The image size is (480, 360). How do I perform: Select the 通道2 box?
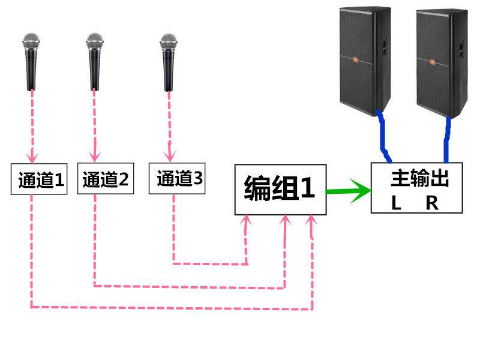pos(105,179)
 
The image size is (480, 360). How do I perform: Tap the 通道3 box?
pos(178,178)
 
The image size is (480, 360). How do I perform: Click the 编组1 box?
pos(280,190)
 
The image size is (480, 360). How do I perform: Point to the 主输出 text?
pos(420,179)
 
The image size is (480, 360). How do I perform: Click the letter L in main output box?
pos(396,203)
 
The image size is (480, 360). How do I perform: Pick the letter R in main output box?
pos(432,203)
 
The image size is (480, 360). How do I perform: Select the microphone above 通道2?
pos(95,60)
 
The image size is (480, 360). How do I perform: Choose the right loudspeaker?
pos(442,60)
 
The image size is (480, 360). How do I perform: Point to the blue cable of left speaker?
pos(382,137)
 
